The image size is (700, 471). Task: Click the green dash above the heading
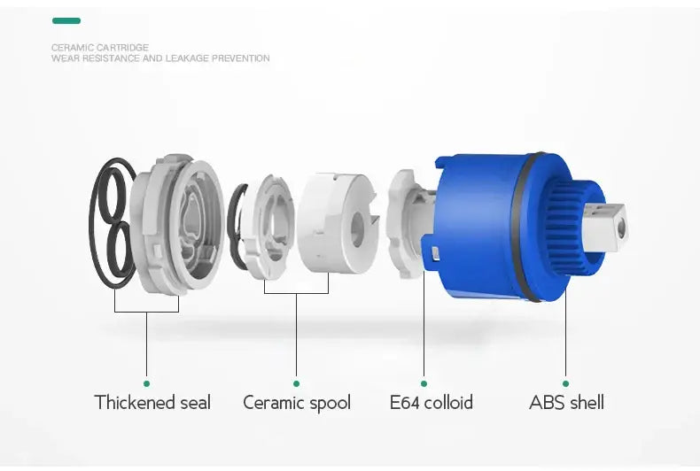pos(66,20)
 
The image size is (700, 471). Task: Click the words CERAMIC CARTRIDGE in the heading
pos(100,47)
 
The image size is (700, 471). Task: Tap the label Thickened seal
pos(152,402)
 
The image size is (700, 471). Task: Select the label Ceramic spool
pos(297,403)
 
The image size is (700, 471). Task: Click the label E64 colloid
pos(432,402)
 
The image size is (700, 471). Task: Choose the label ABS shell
pos(566,402)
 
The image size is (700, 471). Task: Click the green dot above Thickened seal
pos(146,383)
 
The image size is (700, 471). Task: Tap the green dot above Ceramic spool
pos(297,383)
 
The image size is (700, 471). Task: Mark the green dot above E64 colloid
pos(424,383)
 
